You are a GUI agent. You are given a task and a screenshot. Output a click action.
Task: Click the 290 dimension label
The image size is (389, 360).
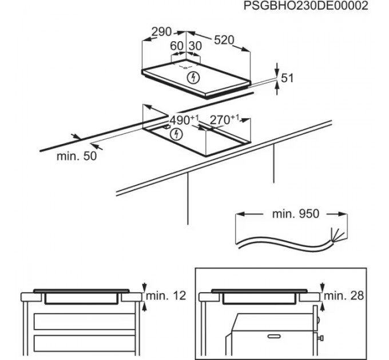[x=162, y=33]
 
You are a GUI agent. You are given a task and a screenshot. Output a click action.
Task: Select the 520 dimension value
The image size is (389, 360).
[x=224, y=40]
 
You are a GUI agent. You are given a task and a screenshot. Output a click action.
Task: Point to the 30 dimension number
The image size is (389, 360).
[x=194, y=46]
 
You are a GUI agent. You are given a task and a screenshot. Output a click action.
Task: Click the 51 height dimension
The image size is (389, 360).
[x=287, y=77]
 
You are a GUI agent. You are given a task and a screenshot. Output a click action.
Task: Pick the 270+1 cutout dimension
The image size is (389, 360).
[x=224, y=120]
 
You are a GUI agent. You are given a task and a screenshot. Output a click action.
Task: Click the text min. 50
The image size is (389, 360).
[x=77, y=156]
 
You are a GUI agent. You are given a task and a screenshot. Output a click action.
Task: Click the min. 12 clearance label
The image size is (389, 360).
[x=166, y=296]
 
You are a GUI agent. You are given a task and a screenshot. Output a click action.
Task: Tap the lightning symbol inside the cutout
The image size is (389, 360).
[x=177, y=135]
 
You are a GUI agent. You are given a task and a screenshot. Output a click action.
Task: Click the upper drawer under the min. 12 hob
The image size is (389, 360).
[x=85, y=322]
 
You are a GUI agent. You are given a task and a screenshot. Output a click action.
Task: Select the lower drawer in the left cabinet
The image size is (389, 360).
[x=85, y=345]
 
